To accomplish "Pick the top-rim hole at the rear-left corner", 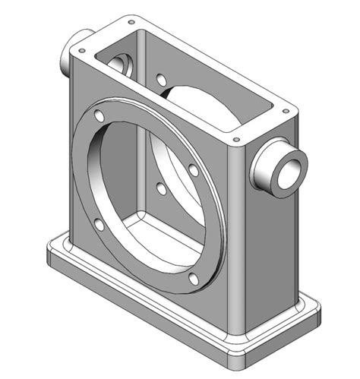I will click(x=131, y=23).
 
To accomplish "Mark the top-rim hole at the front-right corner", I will click(x=237, y=141).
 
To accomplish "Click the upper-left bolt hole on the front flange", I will click(x=99, y=117).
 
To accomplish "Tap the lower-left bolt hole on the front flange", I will click(x=99, y=224).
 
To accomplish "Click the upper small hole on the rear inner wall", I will click(x=161, y=78).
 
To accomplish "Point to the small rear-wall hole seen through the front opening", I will click(x=160, y=187).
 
